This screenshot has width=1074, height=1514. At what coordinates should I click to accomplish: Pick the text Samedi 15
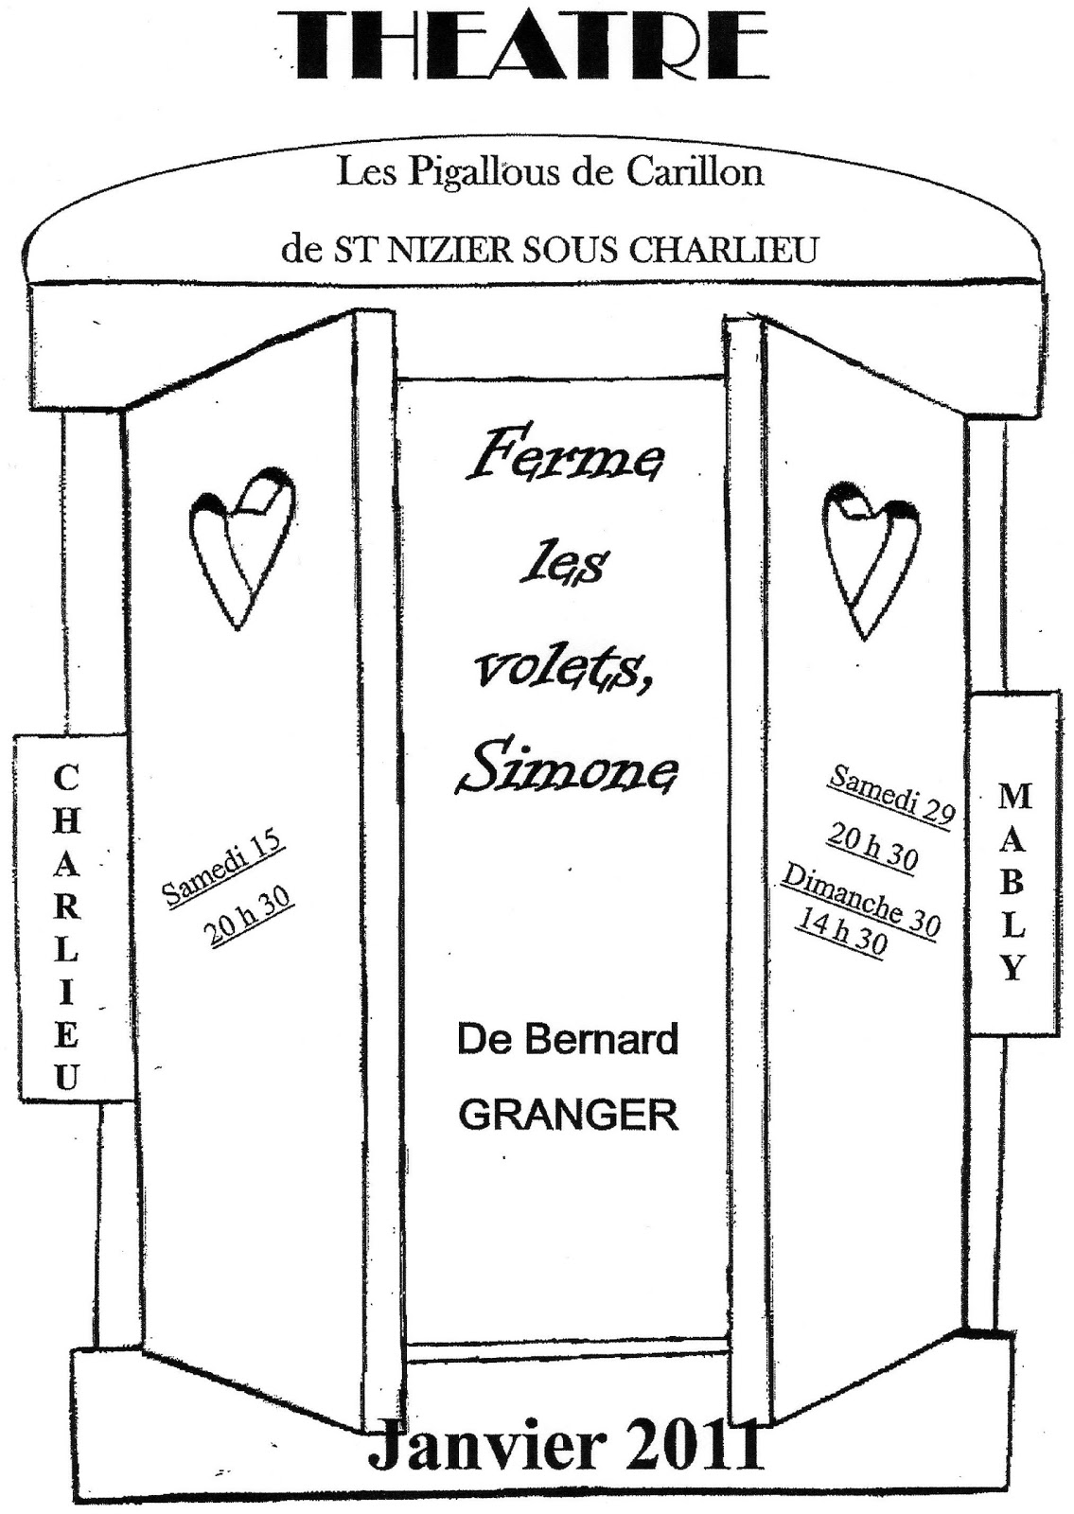(223, 870)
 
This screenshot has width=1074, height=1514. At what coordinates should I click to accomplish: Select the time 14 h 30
(840, 934)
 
